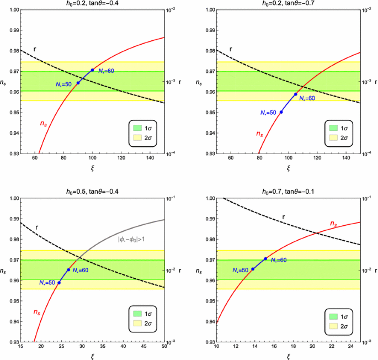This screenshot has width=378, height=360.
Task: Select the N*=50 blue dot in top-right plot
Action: (281, 112)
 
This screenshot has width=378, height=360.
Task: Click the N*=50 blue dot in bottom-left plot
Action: (59, 283)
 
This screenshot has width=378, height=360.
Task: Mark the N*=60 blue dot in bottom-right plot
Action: (265, 259)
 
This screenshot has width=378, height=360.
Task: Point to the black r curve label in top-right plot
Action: (231, 49)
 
